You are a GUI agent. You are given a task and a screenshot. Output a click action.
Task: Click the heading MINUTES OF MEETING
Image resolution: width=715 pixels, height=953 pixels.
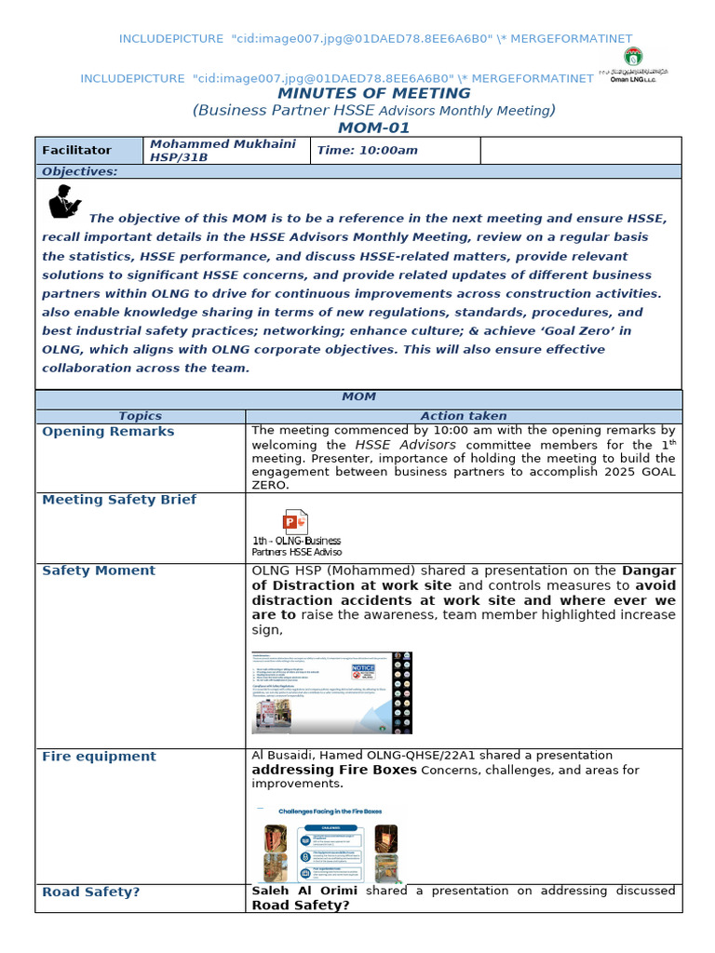[x=373, y=93]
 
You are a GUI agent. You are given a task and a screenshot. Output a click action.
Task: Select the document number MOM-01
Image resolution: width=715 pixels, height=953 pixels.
[x=373, y=128]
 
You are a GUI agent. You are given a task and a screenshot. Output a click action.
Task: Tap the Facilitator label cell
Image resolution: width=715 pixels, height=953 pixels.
[x=76, y=150]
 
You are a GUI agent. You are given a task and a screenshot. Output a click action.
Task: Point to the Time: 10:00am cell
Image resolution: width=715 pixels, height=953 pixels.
[x=368, y=150]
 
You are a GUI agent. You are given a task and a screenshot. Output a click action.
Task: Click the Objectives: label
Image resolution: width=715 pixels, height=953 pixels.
[x=80, y=171]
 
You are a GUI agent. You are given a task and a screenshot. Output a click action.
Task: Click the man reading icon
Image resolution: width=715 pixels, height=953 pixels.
[x=65, y=201]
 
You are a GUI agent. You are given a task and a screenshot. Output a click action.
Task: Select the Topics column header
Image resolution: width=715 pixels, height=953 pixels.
[x=141, y=416]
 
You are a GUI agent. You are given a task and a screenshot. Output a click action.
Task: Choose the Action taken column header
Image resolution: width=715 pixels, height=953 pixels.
[x=464, y=416]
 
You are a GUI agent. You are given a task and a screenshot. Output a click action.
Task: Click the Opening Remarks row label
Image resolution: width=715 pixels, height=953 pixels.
[x=108, y=432]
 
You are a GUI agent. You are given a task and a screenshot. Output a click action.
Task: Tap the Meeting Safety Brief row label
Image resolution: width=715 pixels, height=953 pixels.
[x=119, y=500]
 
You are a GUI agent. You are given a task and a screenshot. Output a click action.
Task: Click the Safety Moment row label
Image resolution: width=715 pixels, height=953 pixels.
[x=99, y=570]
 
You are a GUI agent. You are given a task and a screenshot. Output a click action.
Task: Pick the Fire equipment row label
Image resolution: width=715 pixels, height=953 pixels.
[x=99, y=757]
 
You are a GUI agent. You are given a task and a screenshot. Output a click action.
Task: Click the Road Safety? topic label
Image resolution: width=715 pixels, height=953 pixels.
[x=91, y=892]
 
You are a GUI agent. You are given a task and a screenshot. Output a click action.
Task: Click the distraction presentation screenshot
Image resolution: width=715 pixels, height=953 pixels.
[x=333, y=692]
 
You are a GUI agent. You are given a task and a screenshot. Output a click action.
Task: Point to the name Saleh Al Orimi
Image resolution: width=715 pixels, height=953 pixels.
[x=304, y=891]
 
